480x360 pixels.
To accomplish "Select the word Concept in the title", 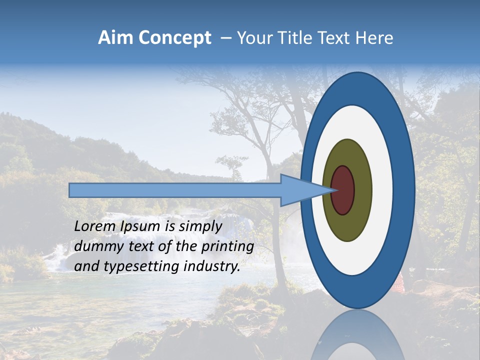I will point(174,38).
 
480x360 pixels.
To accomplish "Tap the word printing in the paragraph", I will point(227,247).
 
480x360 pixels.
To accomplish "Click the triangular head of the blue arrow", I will point(300,190).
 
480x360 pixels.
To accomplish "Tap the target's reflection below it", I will point(358,335).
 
